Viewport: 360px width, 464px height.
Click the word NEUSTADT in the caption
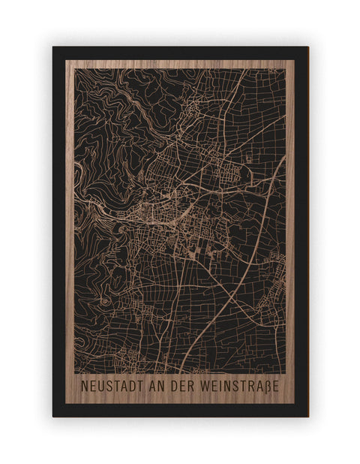(109, 387)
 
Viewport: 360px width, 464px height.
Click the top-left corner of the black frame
(52, 47)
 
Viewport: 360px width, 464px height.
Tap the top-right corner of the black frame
(308, 47)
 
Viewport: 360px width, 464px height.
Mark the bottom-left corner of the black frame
(52, 417)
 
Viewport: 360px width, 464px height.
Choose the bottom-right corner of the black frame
(308, 417)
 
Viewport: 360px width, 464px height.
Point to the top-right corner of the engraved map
(286, 70)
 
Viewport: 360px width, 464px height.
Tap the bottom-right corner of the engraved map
(286, 372)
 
